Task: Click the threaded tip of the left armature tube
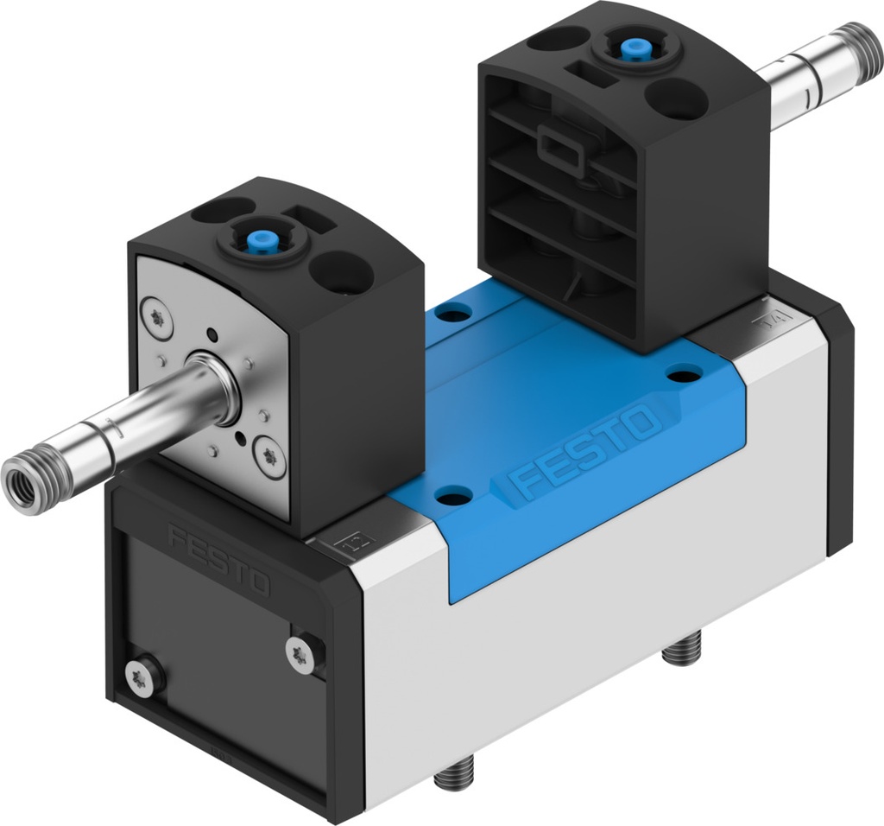click(x=23, y=485)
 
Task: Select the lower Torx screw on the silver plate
click(x=268, y=456)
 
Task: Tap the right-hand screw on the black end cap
click(x=300, y=653)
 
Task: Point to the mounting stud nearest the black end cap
click(x=453, y=772)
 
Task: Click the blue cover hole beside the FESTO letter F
click(x=454, y=495)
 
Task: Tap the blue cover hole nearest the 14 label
click(x=685, y=374)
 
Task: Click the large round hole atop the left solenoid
click(x=341, y=271)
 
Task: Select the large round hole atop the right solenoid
click(x=676, y=99)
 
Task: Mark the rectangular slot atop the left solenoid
click(x=308, y=218)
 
